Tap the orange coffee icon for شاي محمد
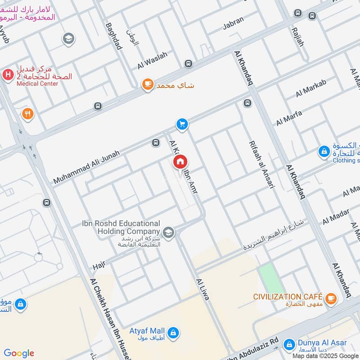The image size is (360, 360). coord(147,85)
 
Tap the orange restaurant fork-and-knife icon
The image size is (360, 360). coord(27,114)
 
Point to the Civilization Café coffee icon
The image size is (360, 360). coord(331,297)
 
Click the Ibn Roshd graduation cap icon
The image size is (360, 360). coord(169,232)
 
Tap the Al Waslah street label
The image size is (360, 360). coord(152,60)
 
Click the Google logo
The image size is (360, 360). coord(19,353)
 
